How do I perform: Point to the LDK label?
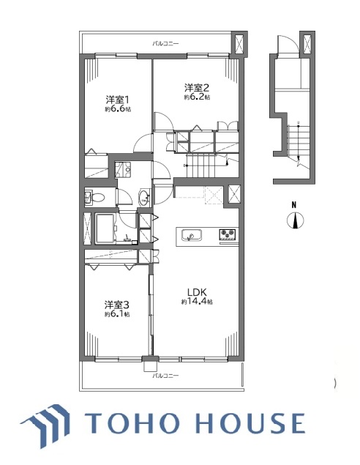tap(197, 291)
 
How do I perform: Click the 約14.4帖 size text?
tap(197, 302)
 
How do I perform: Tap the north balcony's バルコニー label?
tap(165, 44)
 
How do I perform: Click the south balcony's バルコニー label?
tap(165, 376)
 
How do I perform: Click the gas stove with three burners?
tap(228, 234)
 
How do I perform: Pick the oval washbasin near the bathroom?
tap(144, 197)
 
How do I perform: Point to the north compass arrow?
tap(296, 220)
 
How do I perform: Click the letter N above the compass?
tap(294, 204)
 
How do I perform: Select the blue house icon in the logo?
tap(46, 425)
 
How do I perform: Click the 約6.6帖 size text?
tap(118, 109)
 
